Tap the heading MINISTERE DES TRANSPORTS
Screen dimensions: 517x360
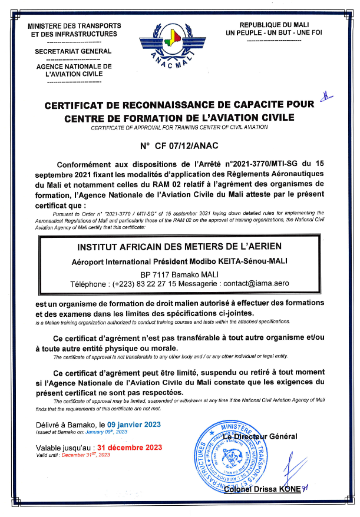(x=74, y=26)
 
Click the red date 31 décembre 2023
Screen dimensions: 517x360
(x=134, y=447)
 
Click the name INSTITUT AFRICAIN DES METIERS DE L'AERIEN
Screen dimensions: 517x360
(x=180, y=246)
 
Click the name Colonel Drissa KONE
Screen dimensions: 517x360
(x=264, y=489)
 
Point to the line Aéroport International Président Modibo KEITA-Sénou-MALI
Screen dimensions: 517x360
(x=179, y=260)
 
